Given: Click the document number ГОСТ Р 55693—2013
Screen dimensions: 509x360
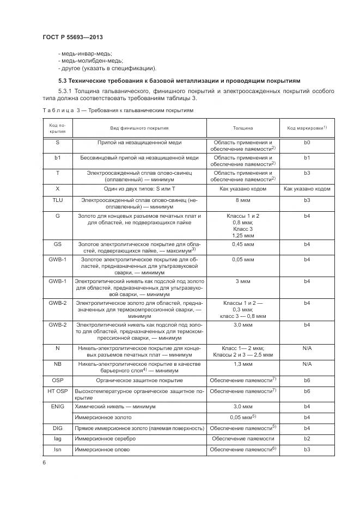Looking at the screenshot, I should pyautogui.click(x=72, y=36).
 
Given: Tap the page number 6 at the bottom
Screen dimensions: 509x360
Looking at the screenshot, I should pyautogui.click(x=44, y=462).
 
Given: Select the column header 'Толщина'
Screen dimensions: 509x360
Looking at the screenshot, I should pyautogui.click(x=243, y=128).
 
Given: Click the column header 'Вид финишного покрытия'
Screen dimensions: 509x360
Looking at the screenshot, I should pyautogui.click(x=140, y=128).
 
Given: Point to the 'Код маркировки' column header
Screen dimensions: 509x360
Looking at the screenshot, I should pyautogui.click(x=306, y=128).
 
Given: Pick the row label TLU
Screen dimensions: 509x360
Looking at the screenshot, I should pyautogui.click(x=57, y=200).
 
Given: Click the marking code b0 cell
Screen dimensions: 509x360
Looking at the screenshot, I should pyautogui.click(x=307, y=142).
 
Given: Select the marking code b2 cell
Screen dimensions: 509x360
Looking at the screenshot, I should pyautogui.click(x=307, y=438).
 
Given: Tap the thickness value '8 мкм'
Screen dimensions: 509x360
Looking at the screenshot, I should pyautogui.click(x=243, y=200).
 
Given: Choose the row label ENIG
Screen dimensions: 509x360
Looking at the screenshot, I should pyautogui.click(x=57, y=406).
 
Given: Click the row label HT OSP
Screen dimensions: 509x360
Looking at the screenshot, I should pyautogui.click(x=57, y=391).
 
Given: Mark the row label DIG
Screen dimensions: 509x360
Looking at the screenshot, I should pyautogui.click(x=57, y=427).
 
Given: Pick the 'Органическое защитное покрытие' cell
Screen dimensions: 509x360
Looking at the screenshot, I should pyautogui.click(x=139, y=379).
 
